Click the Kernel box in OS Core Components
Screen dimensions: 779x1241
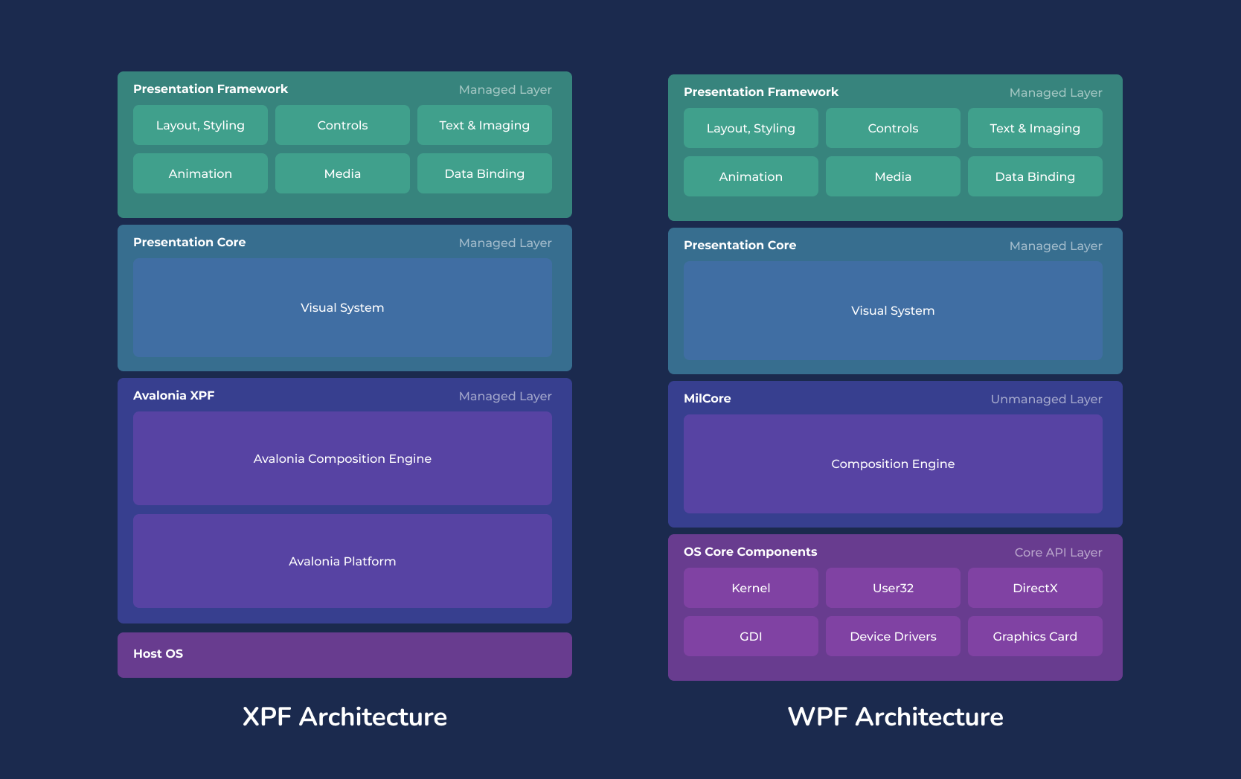pos(751,588)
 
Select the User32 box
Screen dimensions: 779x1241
pos(893,588)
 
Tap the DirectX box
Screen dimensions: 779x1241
pos(1035,588)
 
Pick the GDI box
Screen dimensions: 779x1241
pos(751,636)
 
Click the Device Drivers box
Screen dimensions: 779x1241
pos(893,636)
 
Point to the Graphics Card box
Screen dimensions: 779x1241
pos(1035,636)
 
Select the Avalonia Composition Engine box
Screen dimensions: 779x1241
pos(342,458)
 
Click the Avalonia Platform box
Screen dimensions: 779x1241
pos(342,561)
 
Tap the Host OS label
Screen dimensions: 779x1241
pos(158,653)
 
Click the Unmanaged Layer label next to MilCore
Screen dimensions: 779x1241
pos(1046,399)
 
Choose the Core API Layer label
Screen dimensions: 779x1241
pos(1058,552)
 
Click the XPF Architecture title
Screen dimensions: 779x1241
pos(344,717)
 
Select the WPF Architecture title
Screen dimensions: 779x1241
pos(895,717)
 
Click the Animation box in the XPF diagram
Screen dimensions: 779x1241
pos(200,173)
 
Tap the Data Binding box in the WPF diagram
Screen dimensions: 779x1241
pos(1035,176)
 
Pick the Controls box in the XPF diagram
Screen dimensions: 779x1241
pos(342,125)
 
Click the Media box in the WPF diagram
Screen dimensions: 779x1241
pos(893,176)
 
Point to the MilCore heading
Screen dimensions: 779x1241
pos(707,398)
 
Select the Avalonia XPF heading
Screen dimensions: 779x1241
pos(173,395)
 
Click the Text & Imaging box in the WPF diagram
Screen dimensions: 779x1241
pos(1035,128)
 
